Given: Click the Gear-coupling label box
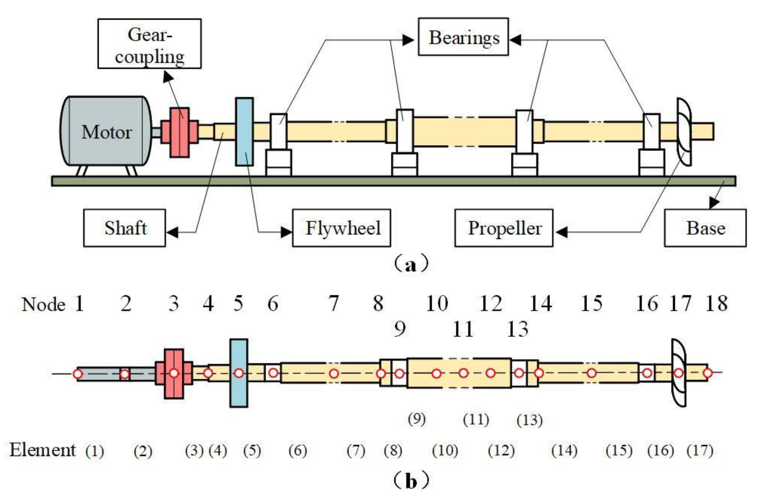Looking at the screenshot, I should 149,44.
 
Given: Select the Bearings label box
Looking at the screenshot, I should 463,37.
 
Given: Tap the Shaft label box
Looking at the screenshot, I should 124,228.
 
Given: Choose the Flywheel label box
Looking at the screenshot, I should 341,228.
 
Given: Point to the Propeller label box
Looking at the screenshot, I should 504,228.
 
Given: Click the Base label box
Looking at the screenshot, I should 705,228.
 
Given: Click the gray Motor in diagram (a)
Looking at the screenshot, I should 105,131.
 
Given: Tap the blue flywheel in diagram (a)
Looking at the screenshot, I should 244,131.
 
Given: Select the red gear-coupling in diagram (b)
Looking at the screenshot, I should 174,373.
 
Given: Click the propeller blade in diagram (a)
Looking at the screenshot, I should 684,131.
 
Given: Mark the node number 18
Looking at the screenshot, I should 717,303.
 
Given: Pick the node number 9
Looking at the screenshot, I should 399,329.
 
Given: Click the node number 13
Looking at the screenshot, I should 517,329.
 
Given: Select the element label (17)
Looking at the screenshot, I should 700,450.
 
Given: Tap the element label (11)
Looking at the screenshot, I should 476,420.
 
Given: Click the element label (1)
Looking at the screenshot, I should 95,451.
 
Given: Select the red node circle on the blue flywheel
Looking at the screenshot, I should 239,373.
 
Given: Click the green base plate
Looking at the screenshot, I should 393,181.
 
